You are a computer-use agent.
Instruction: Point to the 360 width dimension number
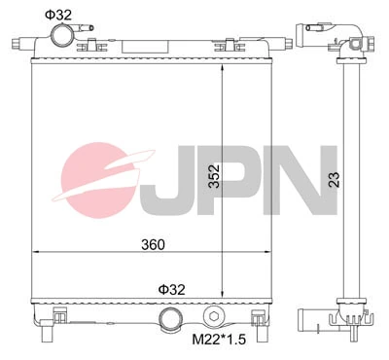[152, 243]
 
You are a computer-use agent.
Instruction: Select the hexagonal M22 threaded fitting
[215, 316]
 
